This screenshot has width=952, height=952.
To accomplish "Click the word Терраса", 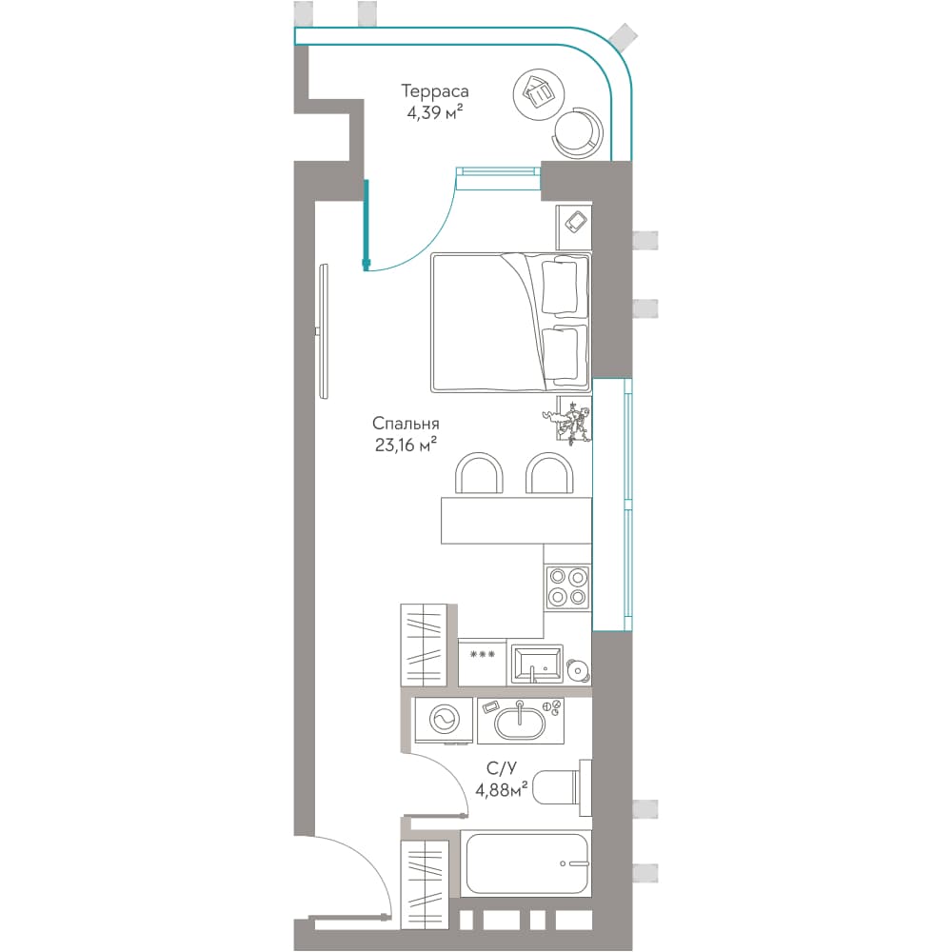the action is click(x=435, y=91).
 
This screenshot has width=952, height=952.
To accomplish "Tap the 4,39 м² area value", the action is click(x=435, y=113).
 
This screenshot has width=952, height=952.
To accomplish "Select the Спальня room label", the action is click(x=406, y=424).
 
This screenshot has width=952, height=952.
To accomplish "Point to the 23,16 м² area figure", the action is click(x=407, y=445).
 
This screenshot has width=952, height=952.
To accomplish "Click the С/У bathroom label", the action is click(x=502, y=768).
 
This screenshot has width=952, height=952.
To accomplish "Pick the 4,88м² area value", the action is click(x=502, y=790).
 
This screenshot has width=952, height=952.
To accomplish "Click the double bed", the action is click(x=510, y=323).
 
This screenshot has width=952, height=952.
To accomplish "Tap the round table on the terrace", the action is click(x=539, y=92).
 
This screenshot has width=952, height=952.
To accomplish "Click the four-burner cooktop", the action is click(x=567, y=586).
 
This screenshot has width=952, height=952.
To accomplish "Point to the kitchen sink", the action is click(x=537, y=664).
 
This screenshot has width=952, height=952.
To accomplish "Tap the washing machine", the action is click(x=444, y=720).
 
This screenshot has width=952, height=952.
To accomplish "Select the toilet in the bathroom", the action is click(x=562, y=788).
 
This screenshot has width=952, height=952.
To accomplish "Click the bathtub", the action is click(x=526, y=863).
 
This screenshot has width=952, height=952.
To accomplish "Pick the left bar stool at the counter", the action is click(x=479, y=474).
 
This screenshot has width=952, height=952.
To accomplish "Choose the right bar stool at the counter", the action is click(x=549, y=474).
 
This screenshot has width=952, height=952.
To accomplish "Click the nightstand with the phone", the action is click(x=574, y=227).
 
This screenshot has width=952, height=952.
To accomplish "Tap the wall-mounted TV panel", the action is click(x=324, y=331).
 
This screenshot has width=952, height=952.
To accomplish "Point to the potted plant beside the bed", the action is click(x=570, y=420).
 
